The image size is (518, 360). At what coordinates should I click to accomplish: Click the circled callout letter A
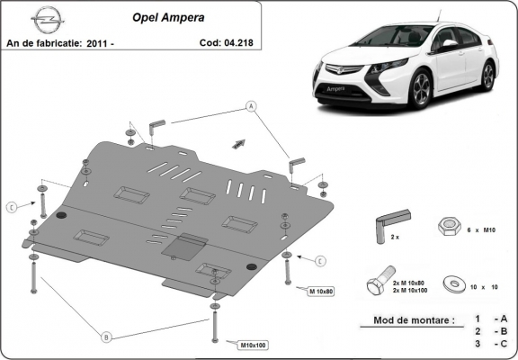click(251, 106)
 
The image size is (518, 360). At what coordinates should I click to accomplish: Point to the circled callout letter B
click(106, 337)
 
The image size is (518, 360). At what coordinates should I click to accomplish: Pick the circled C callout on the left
click(12, 207)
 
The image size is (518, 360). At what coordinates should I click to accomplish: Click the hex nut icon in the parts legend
click(449, 226)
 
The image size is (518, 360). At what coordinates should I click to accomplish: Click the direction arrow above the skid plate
click(239, 142)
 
